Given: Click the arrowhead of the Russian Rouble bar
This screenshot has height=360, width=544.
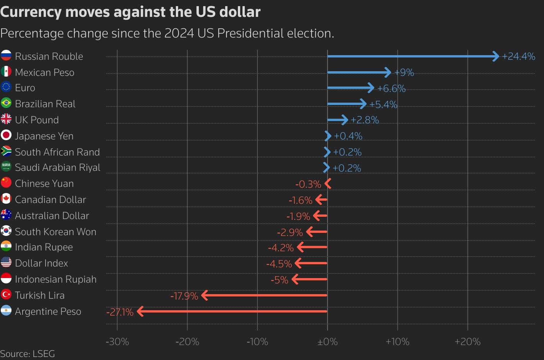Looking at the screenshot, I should point(496,56).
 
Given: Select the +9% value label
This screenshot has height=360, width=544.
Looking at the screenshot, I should point(404,72).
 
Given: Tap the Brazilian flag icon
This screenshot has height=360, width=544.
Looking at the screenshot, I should point(6,103).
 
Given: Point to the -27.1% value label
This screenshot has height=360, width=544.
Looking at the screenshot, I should point(120,312).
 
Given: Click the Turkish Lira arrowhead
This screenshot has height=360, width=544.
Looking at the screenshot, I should point(205,295).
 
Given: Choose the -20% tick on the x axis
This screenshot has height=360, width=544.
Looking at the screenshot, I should point(187,342).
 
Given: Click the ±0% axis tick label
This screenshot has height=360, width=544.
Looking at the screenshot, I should point(328,342).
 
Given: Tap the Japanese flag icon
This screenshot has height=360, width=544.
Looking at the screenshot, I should point(6,136).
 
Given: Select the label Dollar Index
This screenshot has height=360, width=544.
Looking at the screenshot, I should point(41,263).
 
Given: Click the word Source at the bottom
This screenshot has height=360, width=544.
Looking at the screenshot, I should point(14,354).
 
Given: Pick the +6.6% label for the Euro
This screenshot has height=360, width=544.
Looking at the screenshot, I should point(391,88).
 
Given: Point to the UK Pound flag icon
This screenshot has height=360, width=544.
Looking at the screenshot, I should point(6,119).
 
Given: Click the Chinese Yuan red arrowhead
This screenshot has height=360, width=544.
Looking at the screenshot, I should point(328,183).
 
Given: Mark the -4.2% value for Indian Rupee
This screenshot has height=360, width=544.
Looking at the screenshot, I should point(281,248).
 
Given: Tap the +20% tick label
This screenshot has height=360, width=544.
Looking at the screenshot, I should point(467,342).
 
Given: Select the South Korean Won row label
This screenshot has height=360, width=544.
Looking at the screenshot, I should point(56,232).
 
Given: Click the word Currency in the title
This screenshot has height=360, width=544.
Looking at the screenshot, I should point(31,12).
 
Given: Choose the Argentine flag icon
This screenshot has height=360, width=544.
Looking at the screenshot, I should point(6,311).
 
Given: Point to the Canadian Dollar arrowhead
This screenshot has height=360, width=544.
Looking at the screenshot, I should point(318,200).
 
